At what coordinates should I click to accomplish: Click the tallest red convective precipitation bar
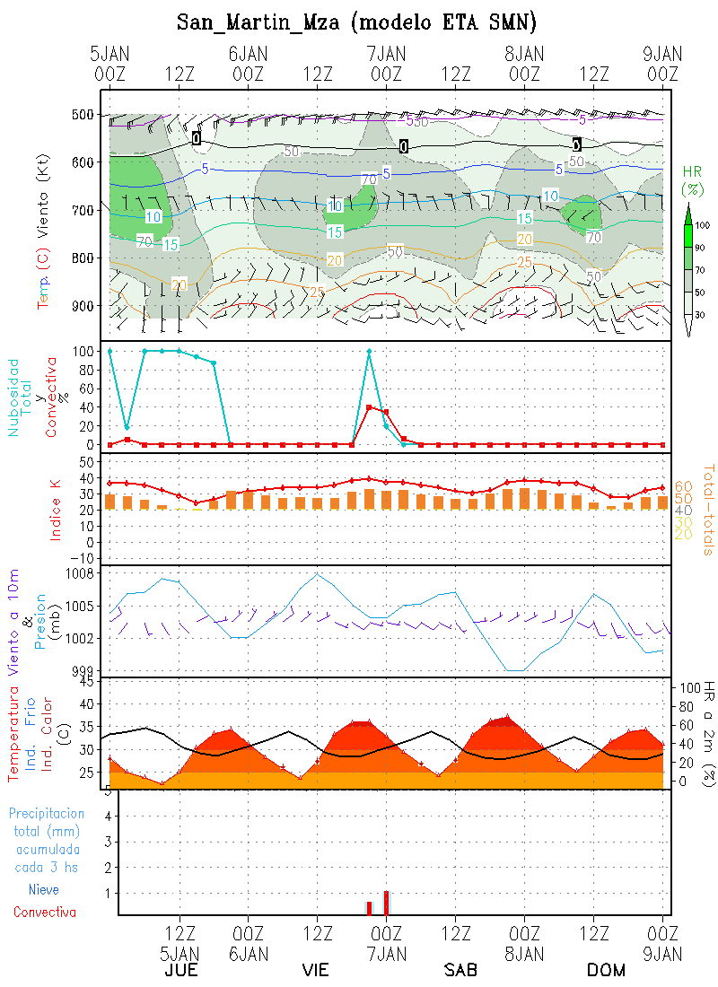386,902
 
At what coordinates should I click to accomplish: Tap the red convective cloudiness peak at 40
369,407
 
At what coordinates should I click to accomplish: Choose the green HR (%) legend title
692,179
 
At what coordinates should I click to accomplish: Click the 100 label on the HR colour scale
703,225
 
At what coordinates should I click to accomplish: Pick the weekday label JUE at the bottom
179,971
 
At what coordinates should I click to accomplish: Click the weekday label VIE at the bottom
315,971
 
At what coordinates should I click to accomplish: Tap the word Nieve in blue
44,890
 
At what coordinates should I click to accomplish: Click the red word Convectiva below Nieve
44,912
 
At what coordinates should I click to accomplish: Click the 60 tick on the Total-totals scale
683,486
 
